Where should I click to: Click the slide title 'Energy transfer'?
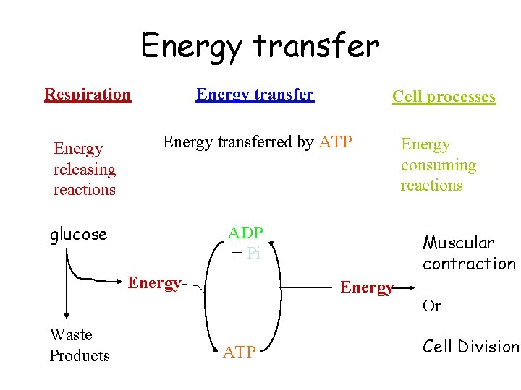[x=260, y=46]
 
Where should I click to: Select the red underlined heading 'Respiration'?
[x=88, y=95]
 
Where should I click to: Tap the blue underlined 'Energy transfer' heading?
[x=255, y=95]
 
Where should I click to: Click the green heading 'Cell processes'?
[x=444, y=97]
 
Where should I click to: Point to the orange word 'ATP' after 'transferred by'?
[x=335, y=142]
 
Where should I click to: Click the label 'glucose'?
[x=78, y=234]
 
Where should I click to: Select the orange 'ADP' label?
[x=245, y=233]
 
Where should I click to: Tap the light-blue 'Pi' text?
[x=253, y=253]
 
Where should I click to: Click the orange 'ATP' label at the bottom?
[x=239, y=352]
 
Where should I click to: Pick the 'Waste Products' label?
[x=79, y=345]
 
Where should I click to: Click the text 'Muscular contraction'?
[x=468, y=253]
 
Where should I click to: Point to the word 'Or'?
[x=431, y=306]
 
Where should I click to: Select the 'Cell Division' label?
[x=470, y=347]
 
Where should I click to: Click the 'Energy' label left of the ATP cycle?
[x=154, y=283]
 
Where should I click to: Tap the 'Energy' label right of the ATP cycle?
[x=367, y=287]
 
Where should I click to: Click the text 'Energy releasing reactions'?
[x=84, y=169]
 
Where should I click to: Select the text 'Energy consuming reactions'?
[x=438, y=165]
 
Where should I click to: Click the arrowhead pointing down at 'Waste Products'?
[x=67, y=314]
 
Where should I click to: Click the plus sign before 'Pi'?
[x=236, y=253]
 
